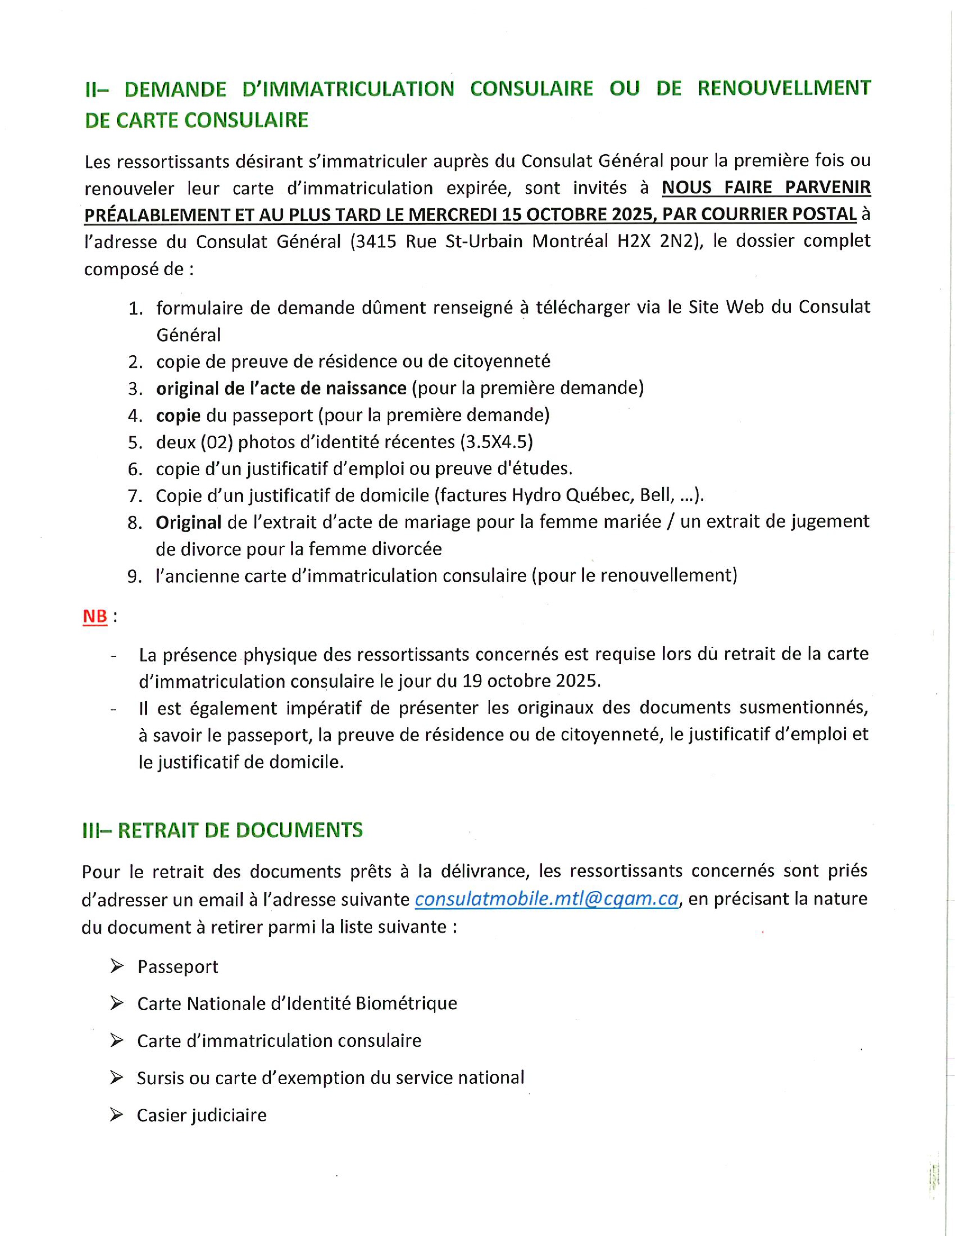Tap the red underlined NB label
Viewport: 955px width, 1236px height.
(95, 616)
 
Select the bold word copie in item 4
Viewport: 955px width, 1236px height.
(178, 415)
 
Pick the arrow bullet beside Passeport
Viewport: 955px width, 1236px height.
(116, 966)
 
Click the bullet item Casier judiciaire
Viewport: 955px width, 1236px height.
(201, 1115)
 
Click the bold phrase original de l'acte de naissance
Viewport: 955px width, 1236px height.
(281, 388)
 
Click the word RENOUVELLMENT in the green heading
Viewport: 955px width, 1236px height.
(784, 88)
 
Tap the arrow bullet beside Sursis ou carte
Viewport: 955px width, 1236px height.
(116, 1078)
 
